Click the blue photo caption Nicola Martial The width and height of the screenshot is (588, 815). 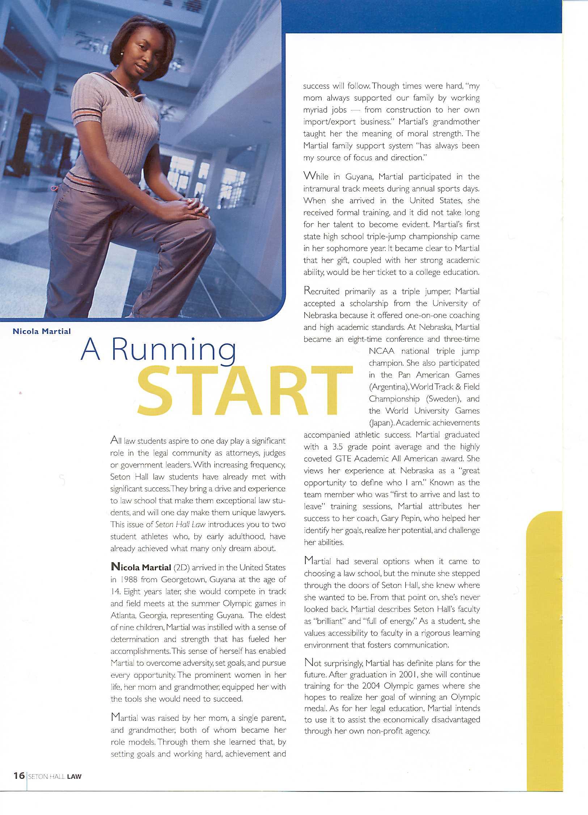pyautogui.click(x=42, y=331)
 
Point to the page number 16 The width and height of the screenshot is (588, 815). pyautogui.click(x=19, y=776)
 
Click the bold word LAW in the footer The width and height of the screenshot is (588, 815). pyautogui.click(x=74, y=776)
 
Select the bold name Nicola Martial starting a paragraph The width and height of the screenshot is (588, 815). pyautogui.click(x=141, y=567)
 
